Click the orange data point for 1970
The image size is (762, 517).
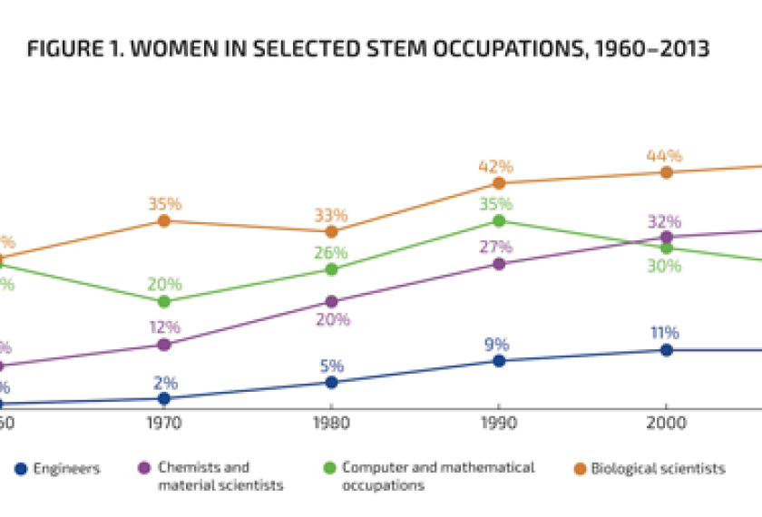pos(164,220)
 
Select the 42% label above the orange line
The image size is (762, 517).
pos(497,167)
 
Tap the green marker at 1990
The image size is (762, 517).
pos(498,220)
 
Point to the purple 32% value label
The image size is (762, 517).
pos(664,222)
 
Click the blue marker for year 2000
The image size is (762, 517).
pos(666,349)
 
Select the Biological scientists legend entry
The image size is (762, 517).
pos(658,469)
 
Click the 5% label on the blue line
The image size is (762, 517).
pos(331,366)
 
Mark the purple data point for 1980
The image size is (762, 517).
pos(331,301)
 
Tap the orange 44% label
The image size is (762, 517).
pos(664,156)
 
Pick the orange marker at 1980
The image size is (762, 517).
pos(331,231)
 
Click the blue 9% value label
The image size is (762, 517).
pos(497,345)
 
